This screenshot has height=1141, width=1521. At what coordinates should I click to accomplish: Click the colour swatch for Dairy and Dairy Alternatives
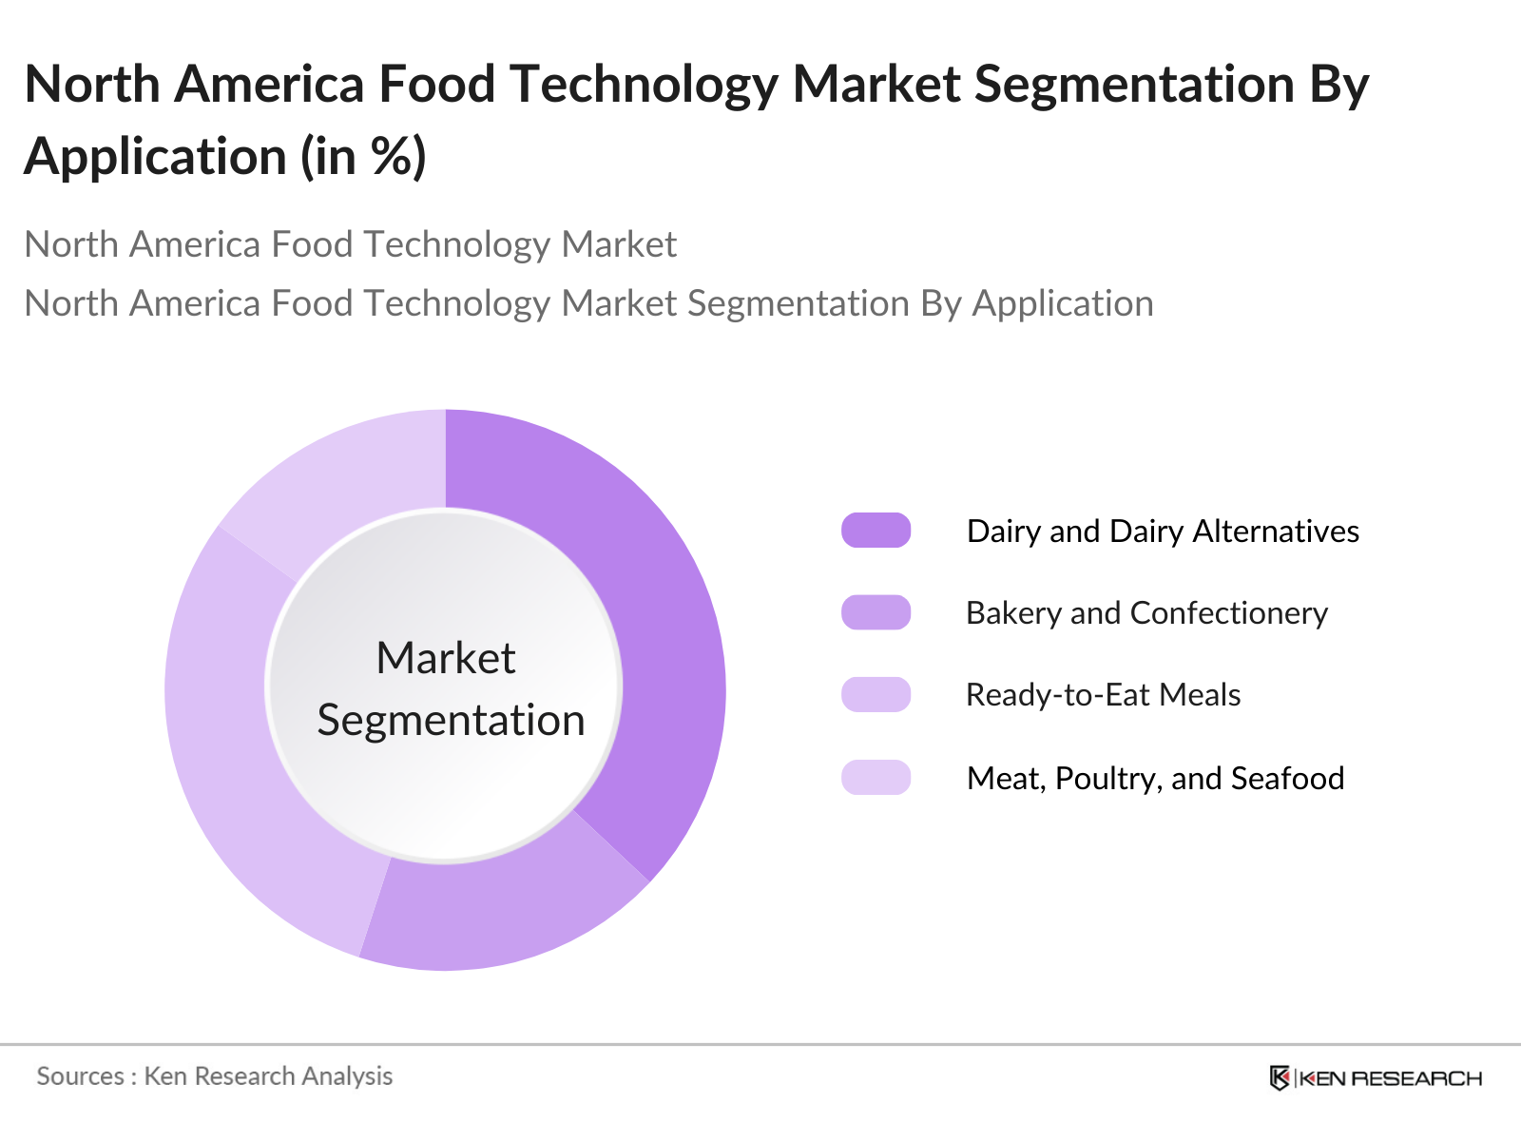[876, 531]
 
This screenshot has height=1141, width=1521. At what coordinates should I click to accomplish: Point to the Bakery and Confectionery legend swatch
[876, 612]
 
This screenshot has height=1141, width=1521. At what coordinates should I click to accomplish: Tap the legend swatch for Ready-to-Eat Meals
[876, 694]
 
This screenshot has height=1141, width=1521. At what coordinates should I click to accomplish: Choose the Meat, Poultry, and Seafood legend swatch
[876, 778]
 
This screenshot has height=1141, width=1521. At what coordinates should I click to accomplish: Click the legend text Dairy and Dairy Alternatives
[1163, 531]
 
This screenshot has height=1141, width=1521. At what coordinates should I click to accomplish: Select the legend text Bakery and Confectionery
[1146, 613]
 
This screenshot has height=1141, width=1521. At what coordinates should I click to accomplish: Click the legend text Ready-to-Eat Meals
[1103, 695]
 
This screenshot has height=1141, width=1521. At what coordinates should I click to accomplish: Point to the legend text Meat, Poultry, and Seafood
[1155, 779]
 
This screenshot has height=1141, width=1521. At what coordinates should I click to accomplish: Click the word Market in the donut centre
[445, 658]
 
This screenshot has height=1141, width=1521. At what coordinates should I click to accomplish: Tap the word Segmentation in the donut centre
[451, 721]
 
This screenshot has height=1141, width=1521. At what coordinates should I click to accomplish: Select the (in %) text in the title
[363, 157]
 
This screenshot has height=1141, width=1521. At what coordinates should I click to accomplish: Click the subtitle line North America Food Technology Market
[350, 244]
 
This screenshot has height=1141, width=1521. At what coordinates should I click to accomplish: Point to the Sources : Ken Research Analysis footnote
[214, 1076]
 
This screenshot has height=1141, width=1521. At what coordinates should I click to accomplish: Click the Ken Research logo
[1375, 1078]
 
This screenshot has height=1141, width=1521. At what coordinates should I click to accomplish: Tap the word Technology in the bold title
[644, 85]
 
